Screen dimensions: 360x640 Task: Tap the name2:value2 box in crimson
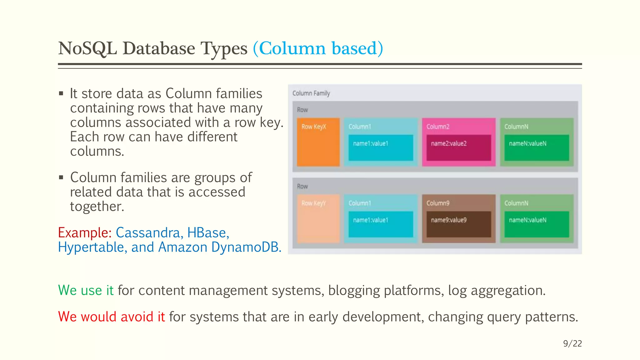coord(458,147)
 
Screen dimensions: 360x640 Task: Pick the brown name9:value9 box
coord(458,224)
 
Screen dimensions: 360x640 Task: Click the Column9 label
coord(438,203)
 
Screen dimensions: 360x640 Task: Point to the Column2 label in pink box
coord(438,127)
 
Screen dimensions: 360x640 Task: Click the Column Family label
coord(311,93)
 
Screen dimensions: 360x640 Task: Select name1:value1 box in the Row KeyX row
coord(381,147)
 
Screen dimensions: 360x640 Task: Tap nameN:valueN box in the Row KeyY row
coord(536,224)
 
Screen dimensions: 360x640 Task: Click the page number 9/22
coord(572,343)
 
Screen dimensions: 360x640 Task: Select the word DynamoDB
coord(246,247)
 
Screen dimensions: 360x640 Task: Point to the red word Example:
coord(85,233)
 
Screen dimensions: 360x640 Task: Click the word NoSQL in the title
coord(87,48)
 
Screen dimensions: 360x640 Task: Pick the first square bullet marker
coord(61,93)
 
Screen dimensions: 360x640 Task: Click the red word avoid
coord(137,317)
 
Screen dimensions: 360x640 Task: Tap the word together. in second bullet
coord(97,207)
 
